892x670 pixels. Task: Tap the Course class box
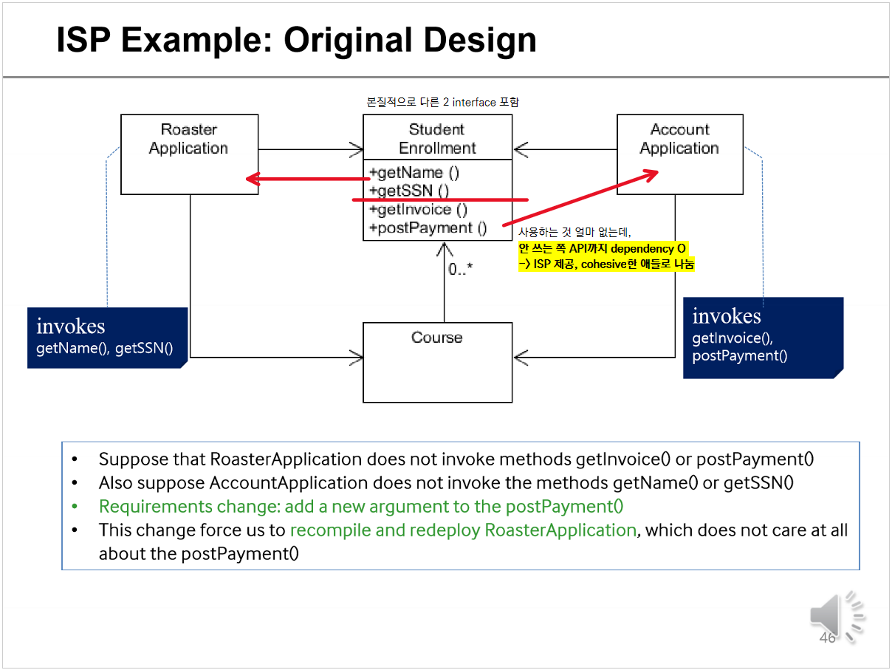click(437, 362)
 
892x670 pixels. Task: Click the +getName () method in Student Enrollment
click(414, 173)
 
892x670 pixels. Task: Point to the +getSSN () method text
click(409, 191)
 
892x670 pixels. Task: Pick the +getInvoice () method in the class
click(418, 210)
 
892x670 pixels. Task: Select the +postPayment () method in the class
click(428, 228)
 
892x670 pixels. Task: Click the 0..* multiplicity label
click(460, 269)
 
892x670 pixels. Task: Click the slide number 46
click(827, 637)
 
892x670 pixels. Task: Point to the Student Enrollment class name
click(437, 139)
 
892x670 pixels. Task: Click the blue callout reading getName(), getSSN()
click(107, 338)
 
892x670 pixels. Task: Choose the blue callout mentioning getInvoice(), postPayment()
click(762, 338)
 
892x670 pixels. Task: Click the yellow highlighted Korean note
click(605, 256)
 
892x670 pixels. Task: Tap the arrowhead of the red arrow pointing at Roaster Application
click(252, 179)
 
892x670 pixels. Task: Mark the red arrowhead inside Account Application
click(651, 174)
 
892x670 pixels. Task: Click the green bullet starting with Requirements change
click(361, 507)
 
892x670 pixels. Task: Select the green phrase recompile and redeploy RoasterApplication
click(463, 530)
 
